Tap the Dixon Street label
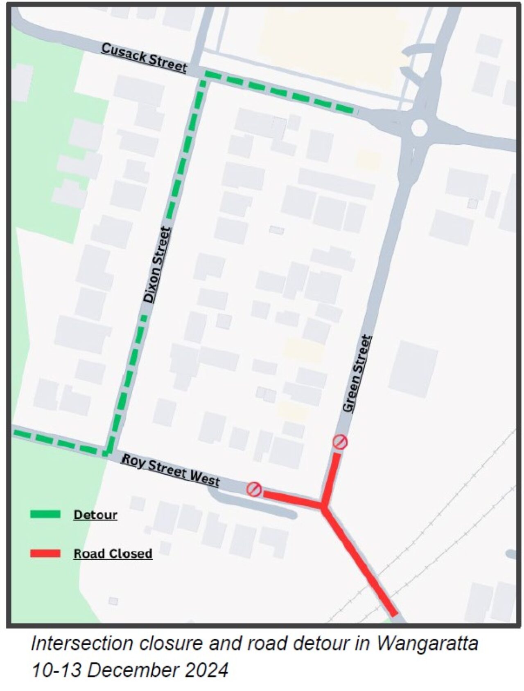click(156, 265)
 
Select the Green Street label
click(357, 374)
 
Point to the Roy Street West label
click(171, 471)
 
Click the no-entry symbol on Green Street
click(340, 442)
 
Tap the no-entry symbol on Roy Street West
click(254, 489)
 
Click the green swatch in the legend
click(45, 514)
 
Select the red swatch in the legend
click(45, 553)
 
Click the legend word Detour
click(95, 514)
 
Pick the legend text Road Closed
click(113, 553)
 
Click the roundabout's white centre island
click(419, 128)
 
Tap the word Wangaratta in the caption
click(427, 644)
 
